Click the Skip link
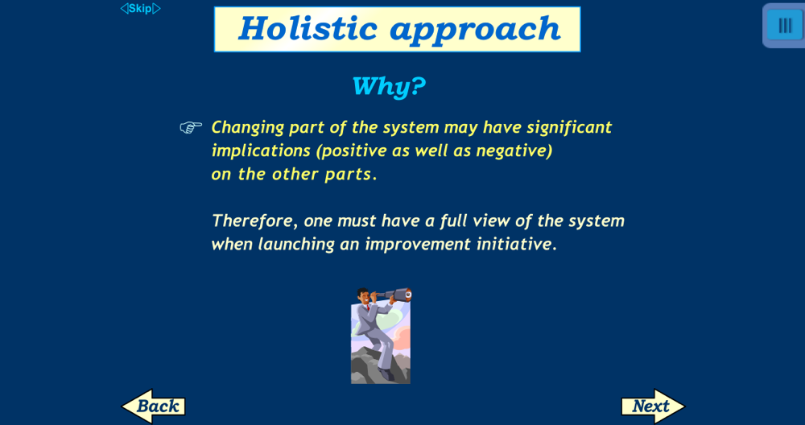140,9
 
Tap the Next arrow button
653,406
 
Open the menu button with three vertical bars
784,25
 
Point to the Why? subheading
389,85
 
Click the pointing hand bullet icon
191,127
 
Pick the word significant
569,127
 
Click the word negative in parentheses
514,151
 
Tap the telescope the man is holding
394,295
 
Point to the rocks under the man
381,366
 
